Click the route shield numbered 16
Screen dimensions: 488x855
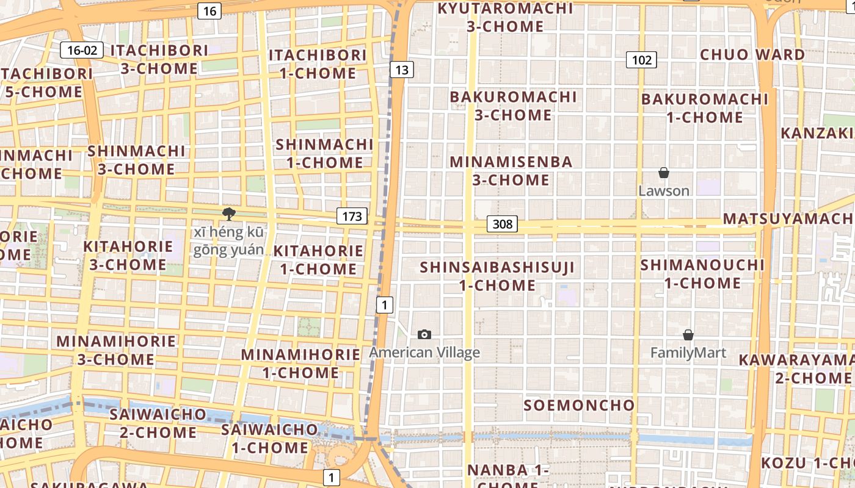(x=209, y=11)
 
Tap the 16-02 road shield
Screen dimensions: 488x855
(x=82, y=50)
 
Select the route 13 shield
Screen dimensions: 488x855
(x=401, y=70)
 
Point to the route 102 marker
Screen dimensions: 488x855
(x=641, y=60)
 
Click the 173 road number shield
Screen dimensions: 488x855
(x=352, y=215)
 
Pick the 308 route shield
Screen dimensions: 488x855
(x=502, y=224)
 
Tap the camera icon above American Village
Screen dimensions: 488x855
(x=424, y=334)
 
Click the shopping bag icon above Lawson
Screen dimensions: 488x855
(x=664, y=173)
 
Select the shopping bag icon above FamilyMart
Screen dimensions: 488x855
(x=688, y=335)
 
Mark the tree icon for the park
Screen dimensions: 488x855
(x=229, y=213)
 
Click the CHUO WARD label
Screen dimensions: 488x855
(x=752, y=54)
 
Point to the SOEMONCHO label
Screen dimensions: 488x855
(x=579, y=405)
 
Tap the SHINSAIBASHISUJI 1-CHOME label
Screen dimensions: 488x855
(x=497, y=276)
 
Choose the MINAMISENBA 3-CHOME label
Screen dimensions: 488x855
(x=511, y=171)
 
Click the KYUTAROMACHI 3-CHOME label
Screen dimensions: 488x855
(x=505, y=17)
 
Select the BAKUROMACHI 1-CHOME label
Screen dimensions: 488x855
(x=705, y=107)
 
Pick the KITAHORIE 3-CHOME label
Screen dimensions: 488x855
(x=128, y=256)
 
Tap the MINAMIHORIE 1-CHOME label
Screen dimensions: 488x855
(x=300, y=363)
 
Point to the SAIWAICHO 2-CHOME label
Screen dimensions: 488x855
(x=158, y=423)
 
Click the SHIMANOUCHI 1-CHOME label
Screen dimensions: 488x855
(x=702, y=274)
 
